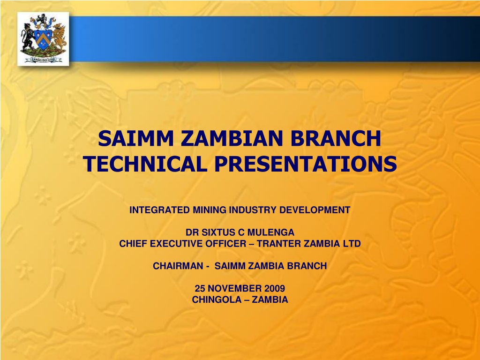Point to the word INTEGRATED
coord(159,210)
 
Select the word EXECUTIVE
coord(176,244)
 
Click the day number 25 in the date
coord(200,288)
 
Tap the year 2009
coord(275,288)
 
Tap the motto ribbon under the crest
coord(43,60)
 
